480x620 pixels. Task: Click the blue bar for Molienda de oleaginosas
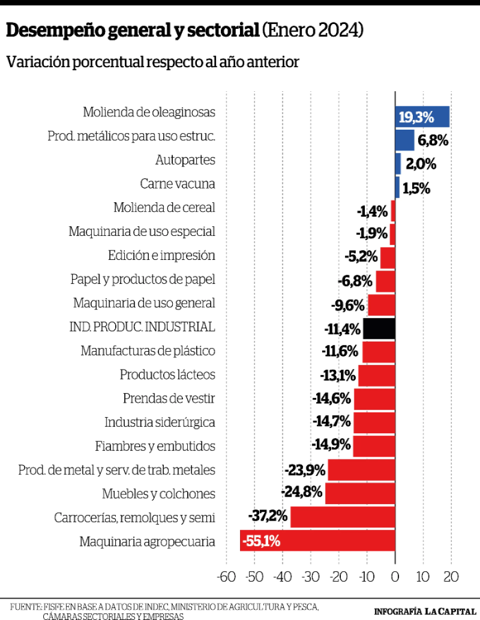pos(422,117)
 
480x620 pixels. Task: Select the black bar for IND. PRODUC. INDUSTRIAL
pos(379,329)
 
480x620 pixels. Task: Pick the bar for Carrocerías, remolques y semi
pos(342,517)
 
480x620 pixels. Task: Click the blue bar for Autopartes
pos(398,164)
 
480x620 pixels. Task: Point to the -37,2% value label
pos(268,516)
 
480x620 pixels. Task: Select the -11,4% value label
pos(342,329)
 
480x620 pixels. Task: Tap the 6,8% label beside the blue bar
pos(433,141)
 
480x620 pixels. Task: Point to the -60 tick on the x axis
pos(226,577)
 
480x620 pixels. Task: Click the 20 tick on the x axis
pos(451,577)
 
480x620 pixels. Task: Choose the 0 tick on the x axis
pos(395,577)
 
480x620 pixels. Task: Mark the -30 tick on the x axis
pos(310,577)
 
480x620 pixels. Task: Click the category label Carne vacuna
pos(178,184)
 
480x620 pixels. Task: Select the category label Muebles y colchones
pos(158,494)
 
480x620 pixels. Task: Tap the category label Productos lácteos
pos(167,375)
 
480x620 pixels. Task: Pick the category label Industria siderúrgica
pos(159,423)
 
